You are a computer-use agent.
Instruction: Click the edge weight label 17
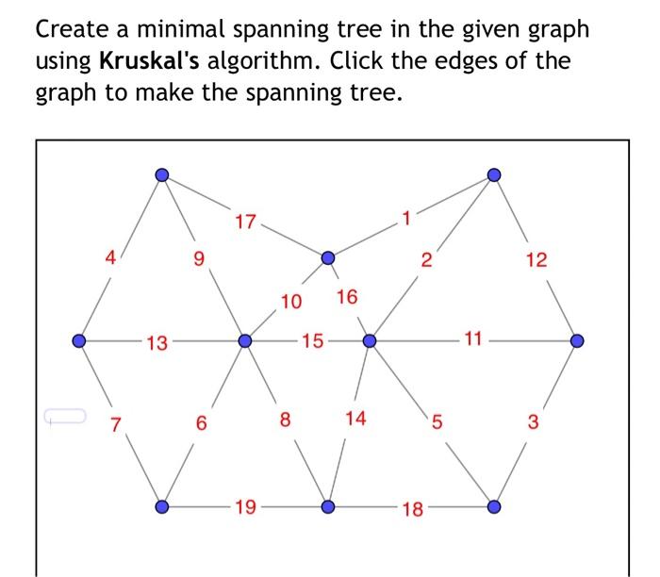[245, 223]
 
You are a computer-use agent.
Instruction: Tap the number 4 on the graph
[111, 256]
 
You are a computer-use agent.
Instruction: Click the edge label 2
[426, 260]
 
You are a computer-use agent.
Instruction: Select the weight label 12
[536, 259]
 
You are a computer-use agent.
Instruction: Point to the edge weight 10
[291, 302]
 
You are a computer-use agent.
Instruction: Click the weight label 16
[347, 297]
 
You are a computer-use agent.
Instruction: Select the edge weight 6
[201, 423]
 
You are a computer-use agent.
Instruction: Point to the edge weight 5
[436, 421]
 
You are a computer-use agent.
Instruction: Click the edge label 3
[533, 421]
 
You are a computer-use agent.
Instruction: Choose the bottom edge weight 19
[244, 508]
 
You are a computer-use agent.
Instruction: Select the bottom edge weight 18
[412, 510]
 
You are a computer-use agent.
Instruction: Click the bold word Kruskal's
[151, 62]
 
